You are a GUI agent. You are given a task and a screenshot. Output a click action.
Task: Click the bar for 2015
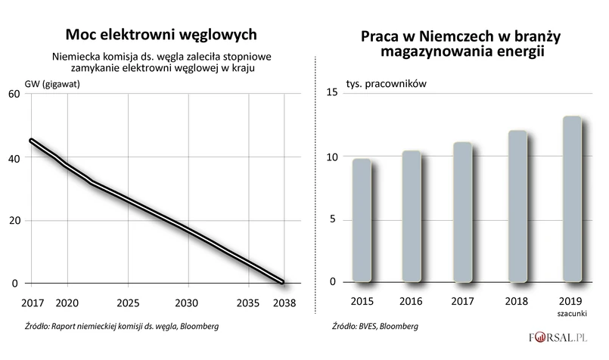pyautogui.click(x=362, y=219)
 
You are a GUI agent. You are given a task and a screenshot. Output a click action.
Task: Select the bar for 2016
pyautogui.click(x=412, y=215)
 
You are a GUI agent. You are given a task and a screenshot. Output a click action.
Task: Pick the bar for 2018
pyautogui.click(x=517, y=205)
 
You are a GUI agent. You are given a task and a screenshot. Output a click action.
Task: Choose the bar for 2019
pyautogui.click(x=571, y=197)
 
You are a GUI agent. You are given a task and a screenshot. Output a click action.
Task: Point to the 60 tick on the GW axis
pyautogui.click(x=14, y=94)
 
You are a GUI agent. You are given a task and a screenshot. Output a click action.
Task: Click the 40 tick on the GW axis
pyautogui.click(x=14, y=157)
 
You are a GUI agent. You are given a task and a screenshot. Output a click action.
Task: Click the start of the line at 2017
pyautogui.click(x=31, y=141)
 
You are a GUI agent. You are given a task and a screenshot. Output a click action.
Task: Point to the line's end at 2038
pyautogui.click(x=282, y=282)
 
